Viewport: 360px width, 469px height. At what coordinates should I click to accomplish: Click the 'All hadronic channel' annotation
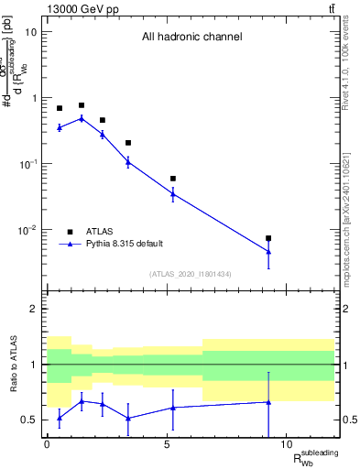[191, 38]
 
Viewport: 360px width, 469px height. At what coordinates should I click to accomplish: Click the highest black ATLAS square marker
[82, 105]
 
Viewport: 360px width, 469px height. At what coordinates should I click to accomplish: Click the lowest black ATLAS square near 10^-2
[268, 238]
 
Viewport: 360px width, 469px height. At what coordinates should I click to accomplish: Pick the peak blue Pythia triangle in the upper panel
[82, 118]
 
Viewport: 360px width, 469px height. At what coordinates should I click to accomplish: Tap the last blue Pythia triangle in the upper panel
[268, 251]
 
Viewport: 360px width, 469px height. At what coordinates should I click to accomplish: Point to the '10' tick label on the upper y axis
[30, 32]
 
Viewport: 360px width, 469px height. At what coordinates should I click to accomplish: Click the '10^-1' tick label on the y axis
[27, 164]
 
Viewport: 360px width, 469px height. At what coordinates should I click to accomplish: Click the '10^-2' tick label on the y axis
[27, 230]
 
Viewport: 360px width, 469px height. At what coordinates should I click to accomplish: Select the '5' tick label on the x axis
[167, 444]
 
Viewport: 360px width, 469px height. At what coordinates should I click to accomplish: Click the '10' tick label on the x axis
[287, 444]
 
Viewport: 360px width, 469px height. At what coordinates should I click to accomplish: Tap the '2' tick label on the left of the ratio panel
[33, 309]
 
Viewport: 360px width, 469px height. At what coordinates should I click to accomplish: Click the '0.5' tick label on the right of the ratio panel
[348, 420]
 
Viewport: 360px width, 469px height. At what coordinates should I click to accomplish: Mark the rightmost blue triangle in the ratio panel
[268, 401]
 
